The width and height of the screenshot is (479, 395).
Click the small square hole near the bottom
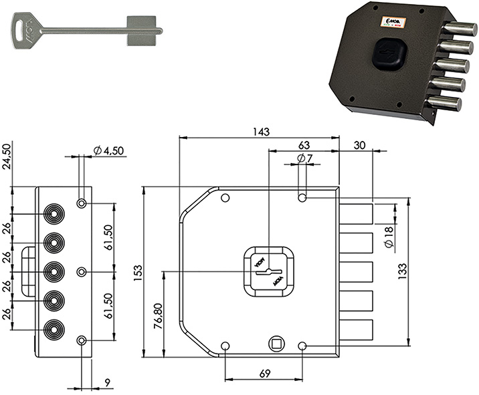(276, 344)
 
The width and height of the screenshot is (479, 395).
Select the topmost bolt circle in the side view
(53, 213)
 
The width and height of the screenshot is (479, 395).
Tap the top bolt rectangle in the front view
(357, 213)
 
